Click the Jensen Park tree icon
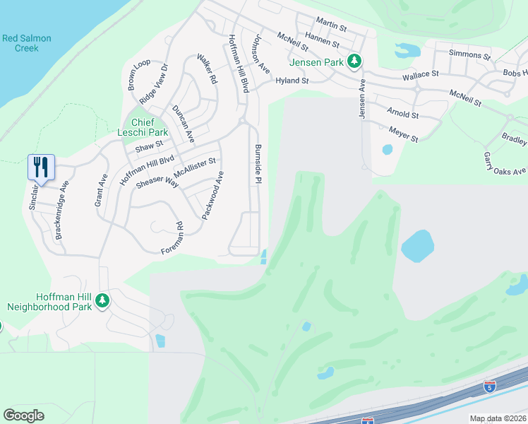pyautogui.click(x=356, y=61)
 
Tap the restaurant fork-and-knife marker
pyautogui.click(x=41, y=167)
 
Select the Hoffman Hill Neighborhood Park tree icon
pyautogui.click(x=102, y=300)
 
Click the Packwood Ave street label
pyautogui.click(x=213, y=196)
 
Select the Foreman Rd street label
pyautogui.click(x=172, y=238)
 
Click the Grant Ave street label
pyautogui.click(x=100, y=190)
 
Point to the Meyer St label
pyautogui.click(x=403, y=134)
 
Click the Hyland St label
pyautogui.click(x=292, y=81)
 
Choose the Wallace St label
pyautogui.click(x=420, y=73)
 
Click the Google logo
pyautogui.click(x=24, y=415)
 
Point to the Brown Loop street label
pyautogui.click(x=138, y=75)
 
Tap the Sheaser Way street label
pyautogui.click(x=157, y=182)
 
